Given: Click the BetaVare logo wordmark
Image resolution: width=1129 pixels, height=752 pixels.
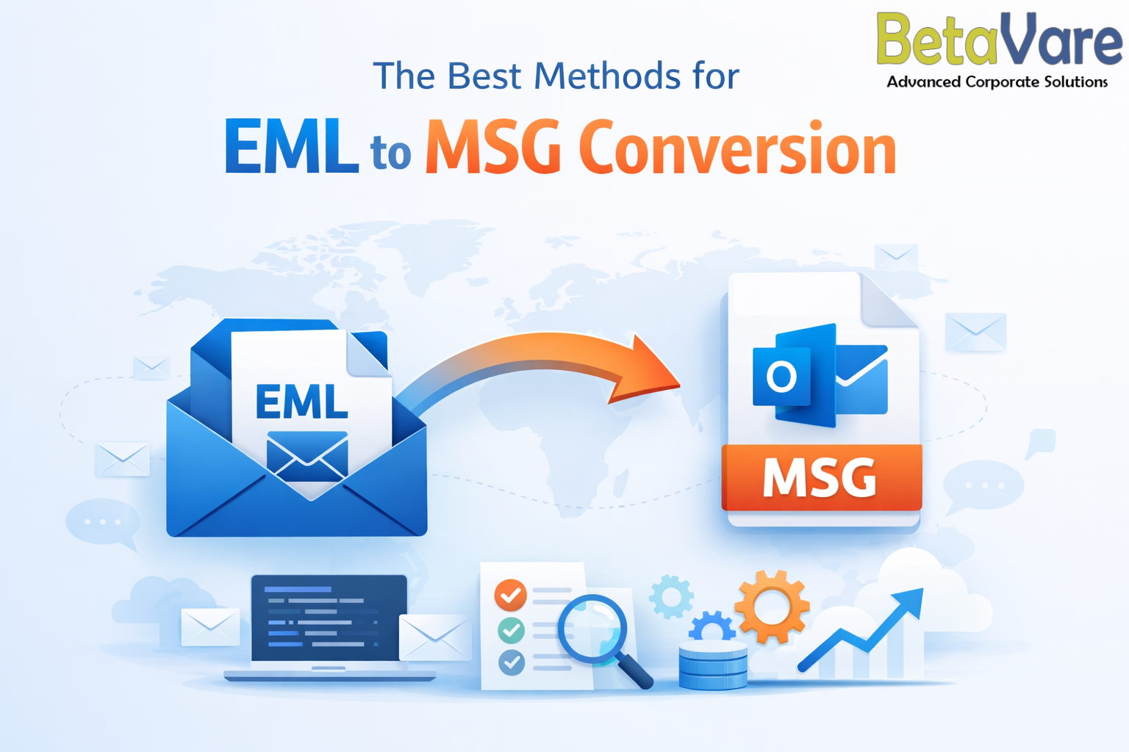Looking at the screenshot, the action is click(1000, 39).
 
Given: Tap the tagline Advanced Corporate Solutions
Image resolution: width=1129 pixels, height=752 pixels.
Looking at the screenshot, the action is click(997, 82).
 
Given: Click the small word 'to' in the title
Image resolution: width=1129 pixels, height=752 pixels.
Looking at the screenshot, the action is click(390, 153).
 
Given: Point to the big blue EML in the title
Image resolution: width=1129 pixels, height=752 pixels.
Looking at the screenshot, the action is click(291, 146).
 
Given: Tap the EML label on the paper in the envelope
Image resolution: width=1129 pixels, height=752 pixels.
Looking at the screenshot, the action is click(302, 402).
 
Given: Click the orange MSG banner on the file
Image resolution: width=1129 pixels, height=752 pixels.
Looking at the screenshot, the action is click(822, 477).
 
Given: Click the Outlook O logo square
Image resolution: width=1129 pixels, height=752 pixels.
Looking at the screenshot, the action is click(781, 376).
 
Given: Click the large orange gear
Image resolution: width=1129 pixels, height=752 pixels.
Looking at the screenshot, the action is click(772, 607).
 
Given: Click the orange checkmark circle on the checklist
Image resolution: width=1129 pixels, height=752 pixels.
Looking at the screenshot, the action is click(511, 596).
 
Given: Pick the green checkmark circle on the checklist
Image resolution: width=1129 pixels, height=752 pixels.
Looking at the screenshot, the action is click(511, 630).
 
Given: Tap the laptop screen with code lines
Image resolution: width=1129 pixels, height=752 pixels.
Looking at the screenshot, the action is click(329, 618).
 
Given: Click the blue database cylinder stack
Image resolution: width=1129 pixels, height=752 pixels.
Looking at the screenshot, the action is click(713, 665).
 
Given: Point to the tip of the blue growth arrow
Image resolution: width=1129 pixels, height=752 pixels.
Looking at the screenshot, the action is click(923, 588).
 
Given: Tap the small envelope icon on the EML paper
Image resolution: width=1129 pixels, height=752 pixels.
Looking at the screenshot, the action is click(307, 456).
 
